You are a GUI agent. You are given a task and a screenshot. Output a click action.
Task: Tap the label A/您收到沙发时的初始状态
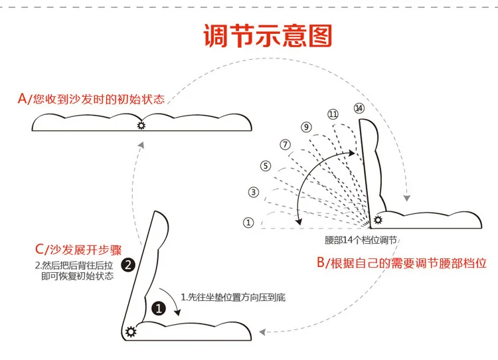pos(92,99)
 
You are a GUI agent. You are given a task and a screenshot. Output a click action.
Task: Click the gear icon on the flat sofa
pos(141,125)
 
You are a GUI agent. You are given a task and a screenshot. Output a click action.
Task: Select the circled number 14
pos(359,108)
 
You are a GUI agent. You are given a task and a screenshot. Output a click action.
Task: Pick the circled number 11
pos(333,114)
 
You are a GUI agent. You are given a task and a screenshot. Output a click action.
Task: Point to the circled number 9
pos(306,127)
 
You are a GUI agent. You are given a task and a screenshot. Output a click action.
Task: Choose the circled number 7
pos(285,144)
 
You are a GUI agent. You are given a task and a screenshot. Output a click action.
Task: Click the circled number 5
pos(266,166)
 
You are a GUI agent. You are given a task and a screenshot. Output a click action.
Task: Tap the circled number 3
pos(253,192)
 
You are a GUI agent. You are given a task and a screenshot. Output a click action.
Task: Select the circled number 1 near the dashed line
pos(248,223)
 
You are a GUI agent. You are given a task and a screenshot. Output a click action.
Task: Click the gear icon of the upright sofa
pos(378,220)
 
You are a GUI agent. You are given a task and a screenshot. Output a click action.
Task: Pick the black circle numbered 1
pos(159,308)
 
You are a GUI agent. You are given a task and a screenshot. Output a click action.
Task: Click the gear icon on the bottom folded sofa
pos(131,332)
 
